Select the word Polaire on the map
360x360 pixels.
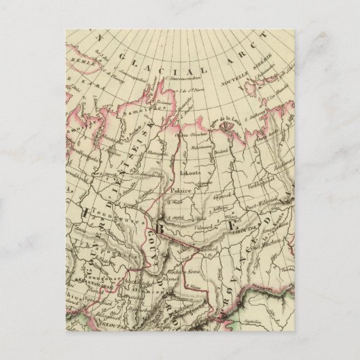[182, 191]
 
